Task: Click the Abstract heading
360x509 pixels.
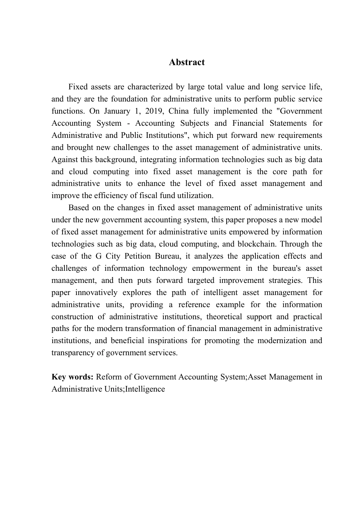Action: [187, 62]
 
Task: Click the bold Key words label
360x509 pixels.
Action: [72, 377]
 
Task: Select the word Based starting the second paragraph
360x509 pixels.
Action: [77, 208]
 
